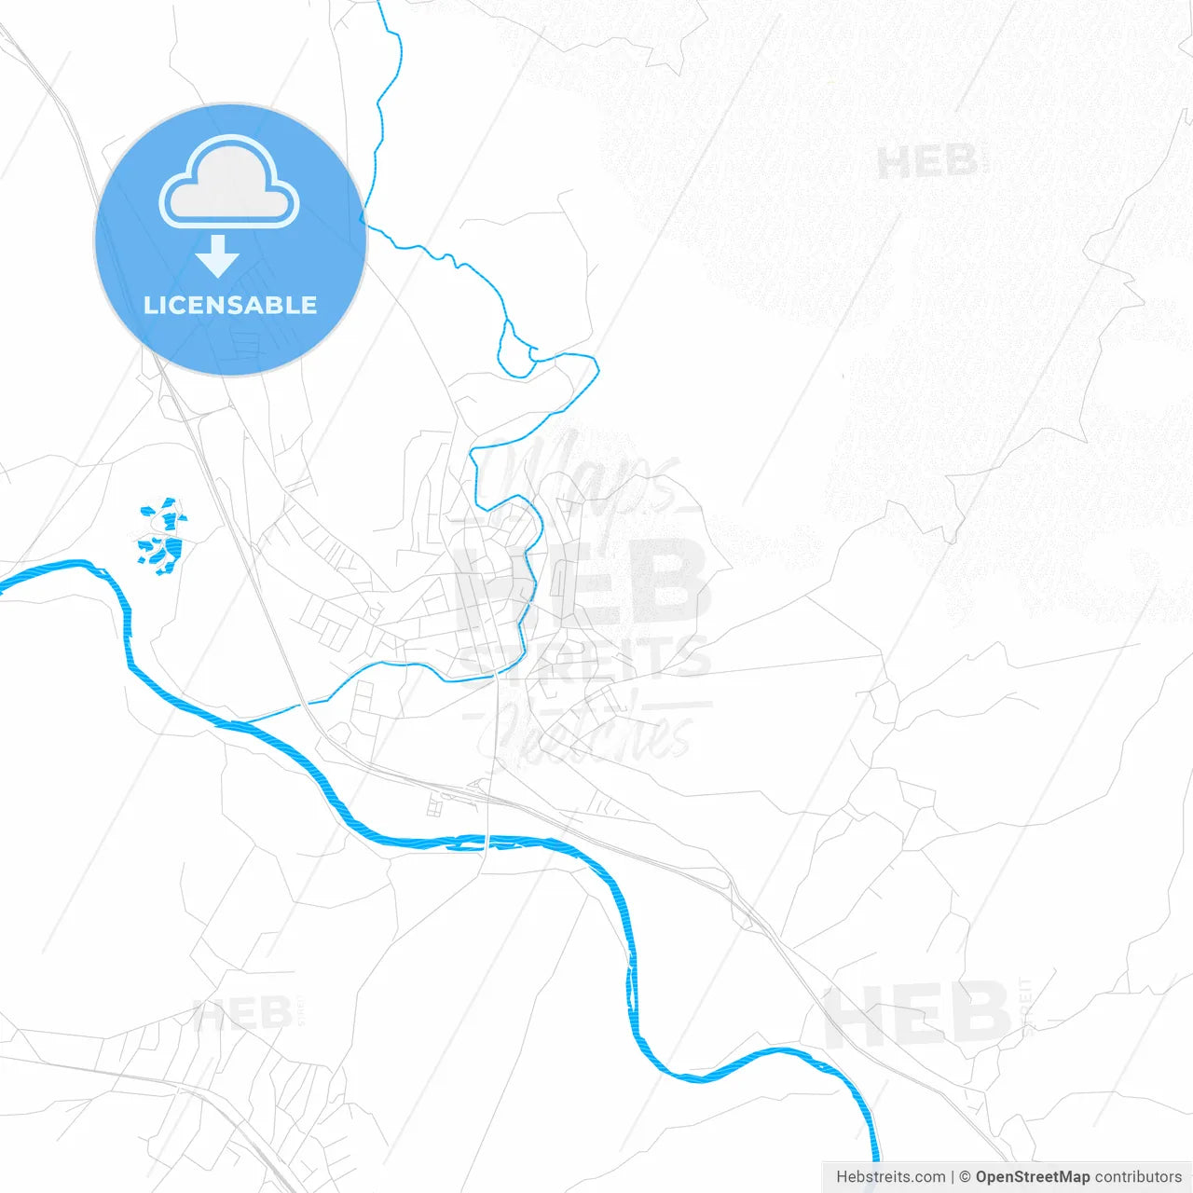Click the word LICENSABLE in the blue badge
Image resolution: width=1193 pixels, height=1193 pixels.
click(x=230, y=306)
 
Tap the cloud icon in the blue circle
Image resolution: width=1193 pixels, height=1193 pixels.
click(x=229, y=184)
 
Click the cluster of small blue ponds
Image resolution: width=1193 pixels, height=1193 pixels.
click(x=162, y=535)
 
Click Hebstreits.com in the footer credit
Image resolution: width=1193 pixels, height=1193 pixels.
click(x=890, y=1177)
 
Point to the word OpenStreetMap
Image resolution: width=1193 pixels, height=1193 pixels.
click(x=1032, y=1177)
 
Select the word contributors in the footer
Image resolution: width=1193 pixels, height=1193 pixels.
click(x=1138, y=1177)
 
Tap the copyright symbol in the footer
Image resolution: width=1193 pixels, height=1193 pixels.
click(x=965, y=1177)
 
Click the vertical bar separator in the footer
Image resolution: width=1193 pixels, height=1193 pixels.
click(x=953, y=1177)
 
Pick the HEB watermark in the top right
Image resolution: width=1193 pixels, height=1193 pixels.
click(x=928, y=162)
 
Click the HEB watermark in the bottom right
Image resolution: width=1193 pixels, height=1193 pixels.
click(x=917, y=1013)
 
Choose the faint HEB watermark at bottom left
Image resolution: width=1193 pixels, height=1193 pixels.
click(x=242, y=1013)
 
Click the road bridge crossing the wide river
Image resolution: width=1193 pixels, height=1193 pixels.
click(x=487, y=842)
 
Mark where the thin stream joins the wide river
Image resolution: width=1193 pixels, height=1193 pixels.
click(x=244, y=721)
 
